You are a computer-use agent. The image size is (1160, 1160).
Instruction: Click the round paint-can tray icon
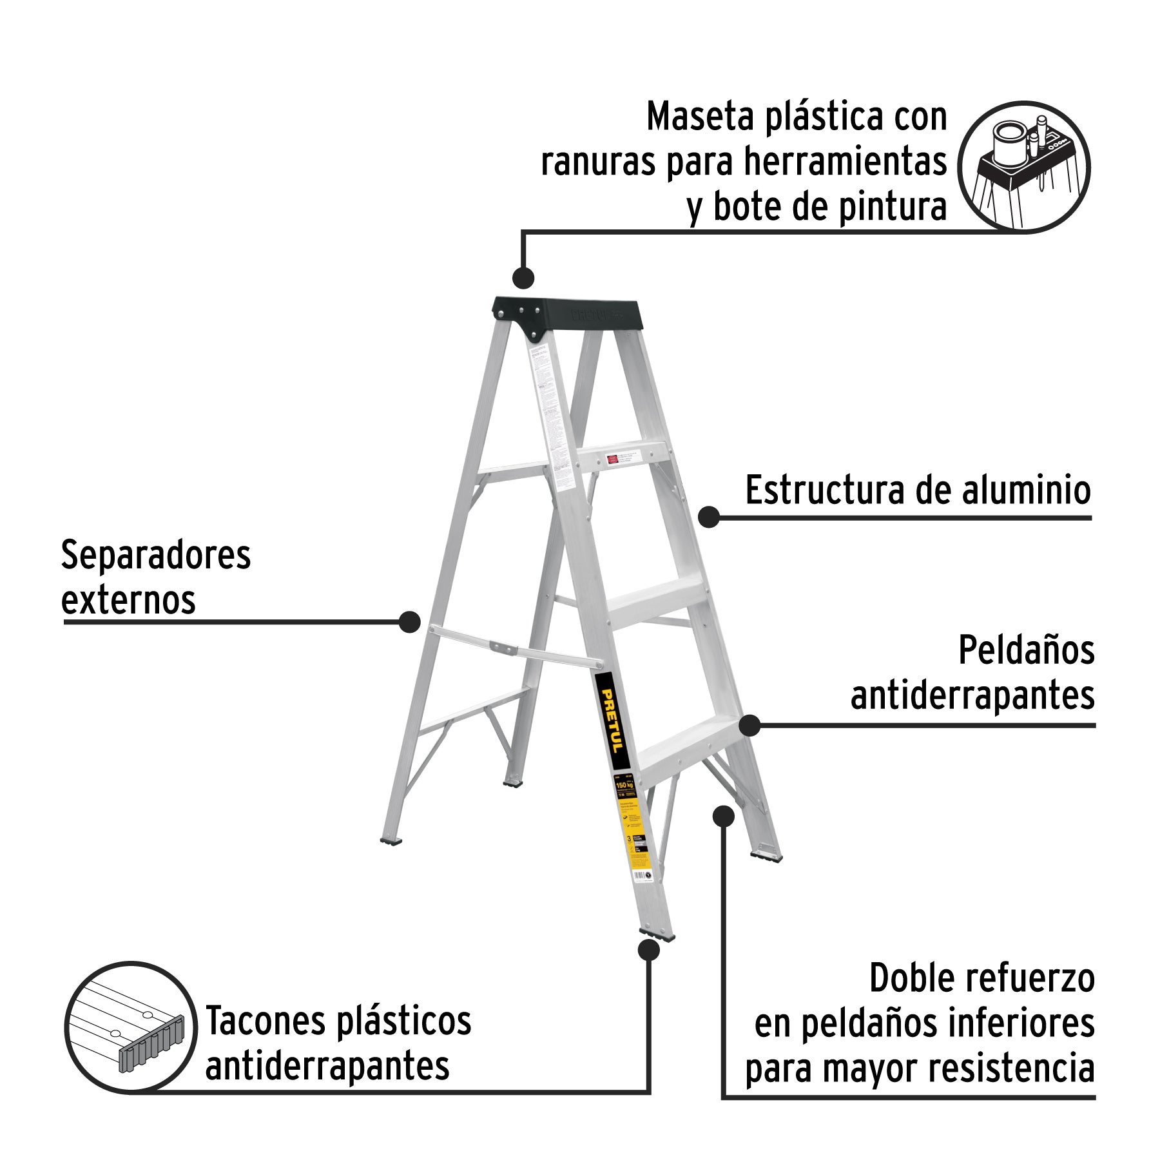[x=1023, y=166]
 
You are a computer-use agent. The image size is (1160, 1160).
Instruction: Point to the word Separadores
[x=155, y=556]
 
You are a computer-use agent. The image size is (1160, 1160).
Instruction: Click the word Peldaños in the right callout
[x=1026, y=650]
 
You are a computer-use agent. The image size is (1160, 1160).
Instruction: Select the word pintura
[x=891, y=208]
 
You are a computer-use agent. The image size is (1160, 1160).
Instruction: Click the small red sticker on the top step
[x=612, y=459]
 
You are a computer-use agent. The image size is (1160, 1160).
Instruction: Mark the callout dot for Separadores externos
[x=409, y=622]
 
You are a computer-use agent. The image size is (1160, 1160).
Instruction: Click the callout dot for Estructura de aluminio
[x=709, y=516]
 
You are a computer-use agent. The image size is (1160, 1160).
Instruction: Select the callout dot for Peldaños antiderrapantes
[x=749, y=726]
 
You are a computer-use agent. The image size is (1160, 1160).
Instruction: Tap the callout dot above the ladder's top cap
[x=523, y=278]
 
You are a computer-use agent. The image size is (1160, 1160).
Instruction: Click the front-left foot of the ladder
[x=656, y=934]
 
